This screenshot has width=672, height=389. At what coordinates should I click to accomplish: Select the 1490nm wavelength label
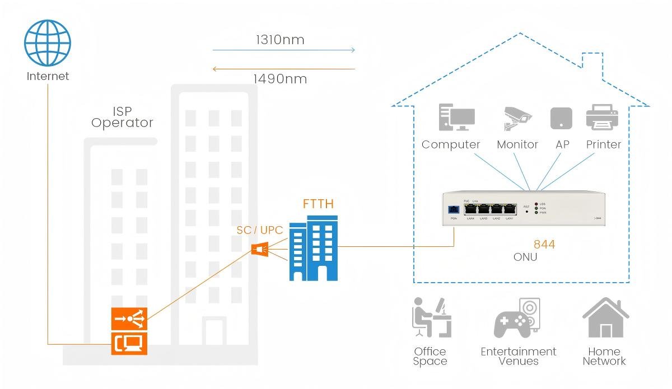click(x=280, y=79)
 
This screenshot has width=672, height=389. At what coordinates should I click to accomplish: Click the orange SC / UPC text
click(x=260, y=230)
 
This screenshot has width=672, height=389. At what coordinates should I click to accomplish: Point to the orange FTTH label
click(x=318, y=204)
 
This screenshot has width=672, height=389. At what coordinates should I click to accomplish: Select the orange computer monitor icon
click(x=129, y=343)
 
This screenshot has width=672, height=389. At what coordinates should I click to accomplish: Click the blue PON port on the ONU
click(x=454, y=210)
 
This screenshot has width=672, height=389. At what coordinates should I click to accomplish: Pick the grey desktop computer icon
click(x=456, y=118)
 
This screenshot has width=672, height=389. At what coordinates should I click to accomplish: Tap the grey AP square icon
click(x=561, y=118)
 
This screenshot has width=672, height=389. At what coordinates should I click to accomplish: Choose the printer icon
click(x=602, y=118)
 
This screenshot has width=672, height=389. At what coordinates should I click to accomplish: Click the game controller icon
click(x=512, y=324)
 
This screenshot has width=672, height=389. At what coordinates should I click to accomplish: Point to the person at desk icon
click(x=430, y=317)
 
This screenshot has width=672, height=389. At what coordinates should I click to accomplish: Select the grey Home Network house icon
click(x=605, y=317)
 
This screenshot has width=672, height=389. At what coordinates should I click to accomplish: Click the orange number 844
click(x=544, y=245)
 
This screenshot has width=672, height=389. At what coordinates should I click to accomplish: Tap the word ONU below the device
click(x=525, y=257)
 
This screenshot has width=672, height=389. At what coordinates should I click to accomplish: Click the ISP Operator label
click(x=122, y=117)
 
